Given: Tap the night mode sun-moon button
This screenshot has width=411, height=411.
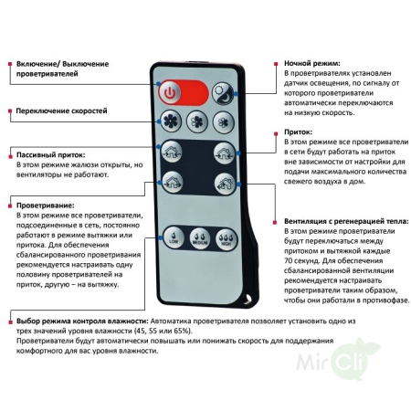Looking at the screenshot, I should pos(221,91).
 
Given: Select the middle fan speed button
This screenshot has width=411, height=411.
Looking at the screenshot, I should pos(196,122).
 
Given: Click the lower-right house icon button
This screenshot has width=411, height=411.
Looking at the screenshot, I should pos(222,182).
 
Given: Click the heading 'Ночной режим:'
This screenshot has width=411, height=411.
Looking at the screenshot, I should pos(311,63).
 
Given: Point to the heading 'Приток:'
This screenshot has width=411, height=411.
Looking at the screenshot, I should pos(299,132).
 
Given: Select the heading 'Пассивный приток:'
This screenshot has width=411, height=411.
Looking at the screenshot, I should pos(55,155).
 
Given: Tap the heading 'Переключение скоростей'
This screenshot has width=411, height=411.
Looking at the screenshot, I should pos(61,111).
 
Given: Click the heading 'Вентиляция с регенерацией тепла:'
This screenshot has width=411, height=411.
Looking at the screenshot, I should pos(342,222).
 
